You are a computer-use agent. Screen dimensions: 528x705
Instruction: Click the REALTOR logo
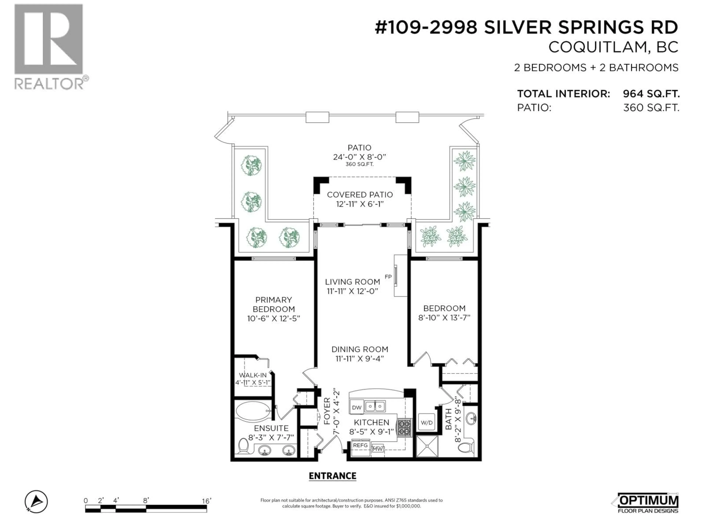tap(49, 46)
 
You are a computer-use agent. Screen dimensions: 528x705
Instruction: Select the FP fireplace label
tap(388, 277)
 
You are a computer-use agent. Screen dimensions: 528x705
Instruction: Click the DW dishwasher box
tap(357, 407)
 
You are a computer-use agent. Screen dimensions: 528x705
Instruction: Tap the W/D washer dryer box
tap(426, 422)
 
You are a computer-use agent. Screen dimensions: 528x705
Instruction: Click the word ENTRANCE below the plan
tap(332, 476)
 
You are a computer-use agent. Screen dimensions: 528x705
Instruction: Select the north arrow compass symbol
tap(36, 502)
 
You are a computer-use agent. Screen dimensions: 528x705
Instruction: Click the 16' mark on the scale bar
tap(206, 501)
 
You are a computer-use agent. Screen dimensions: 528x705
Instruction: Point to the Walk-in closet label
tap(253, 375)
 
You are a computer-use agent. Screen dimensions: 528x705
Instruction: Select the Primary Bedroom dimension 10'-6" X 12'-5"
tap(273, 318)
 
